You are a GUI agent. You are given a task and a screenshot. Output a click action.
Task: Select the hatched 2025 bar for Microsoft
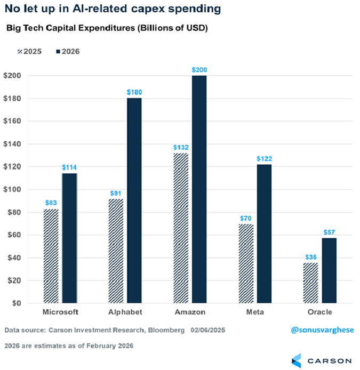pos(51,256)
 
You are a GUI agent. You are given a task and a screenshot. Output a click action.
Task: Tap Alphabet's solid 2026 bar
pos(134,200)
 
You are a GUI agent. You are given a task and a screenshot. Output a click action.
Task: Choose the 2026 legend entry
pos(67,51)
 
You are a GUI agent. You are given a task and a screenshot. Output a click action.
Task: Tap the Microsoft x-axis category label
pos(60,312)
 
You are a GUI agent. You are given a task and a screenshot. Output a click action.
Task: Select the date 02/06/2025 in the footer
pos(207,331)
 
